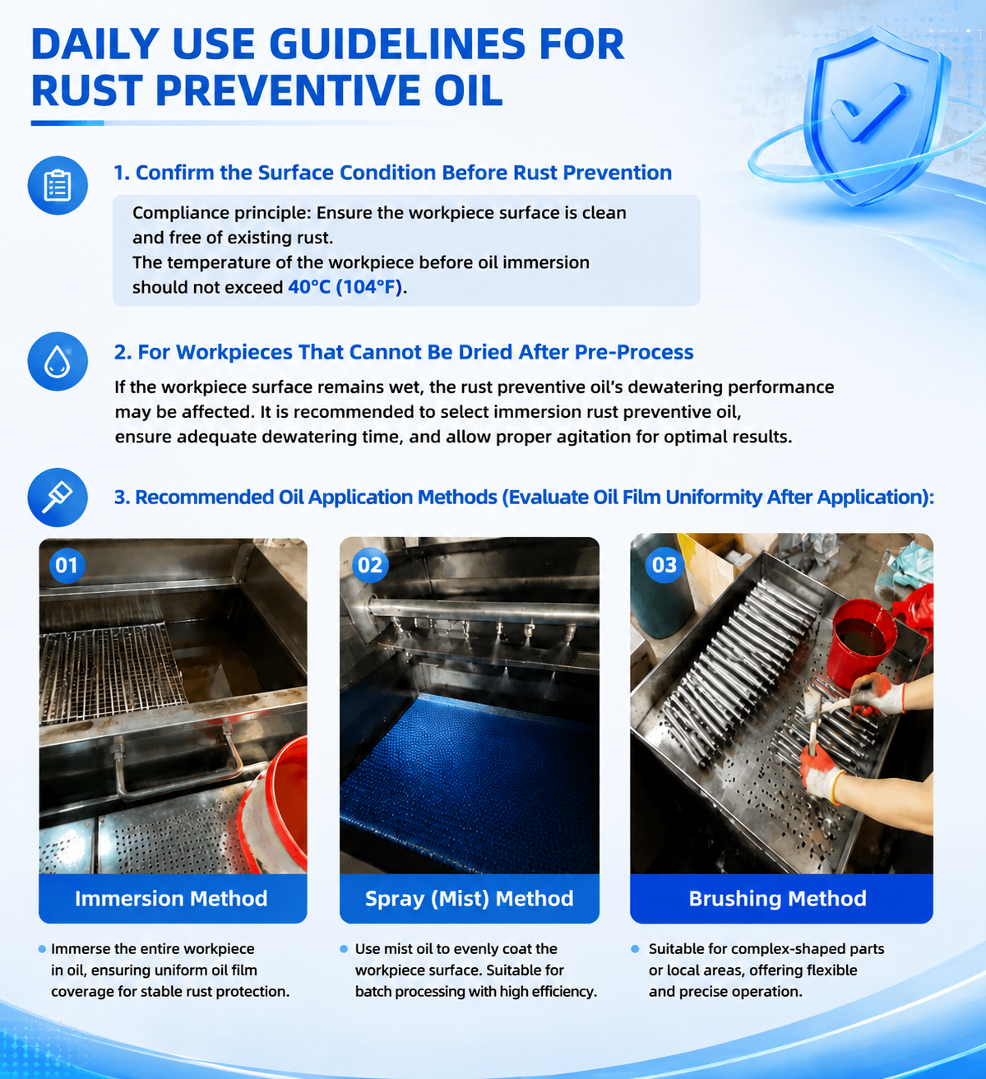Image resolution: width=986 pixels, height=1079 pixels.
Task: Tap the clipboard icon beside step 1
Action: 58,186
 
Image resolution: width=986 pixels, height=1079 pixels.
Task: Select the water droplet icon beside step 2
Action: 58,361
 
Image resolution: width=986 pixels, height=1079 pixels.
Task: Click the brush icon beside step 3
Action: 58,497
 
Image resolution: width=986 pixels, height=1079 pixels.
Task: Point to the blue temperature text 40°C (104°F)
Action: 345,287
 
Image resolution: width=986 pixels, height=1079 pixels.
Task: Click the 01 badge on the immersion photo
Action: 67,565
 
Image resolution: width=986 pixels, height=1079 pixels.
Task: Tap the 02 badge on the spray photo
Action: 370,565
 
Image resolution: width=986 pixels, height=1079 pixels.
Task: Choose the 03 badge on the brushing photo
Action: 664,565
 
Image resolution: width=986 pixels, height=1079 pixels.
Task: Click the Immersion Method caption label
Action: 171,899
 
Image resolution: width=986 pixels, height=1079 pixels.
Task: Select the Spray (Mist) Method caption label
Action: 469,899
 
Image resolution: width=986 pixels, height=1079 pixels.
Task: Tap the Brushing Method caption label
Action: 778,899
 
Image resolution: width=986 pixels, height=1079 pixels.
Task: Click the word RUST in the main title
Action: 86,90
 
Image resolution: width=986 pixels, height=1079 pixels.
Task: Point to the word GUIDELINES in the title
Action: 396,44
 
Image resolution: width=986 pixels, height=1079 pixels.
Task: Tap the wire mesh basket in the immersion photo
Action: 110,668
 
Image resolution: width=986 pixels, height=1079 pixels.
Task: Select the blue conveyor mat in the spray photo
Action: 469,775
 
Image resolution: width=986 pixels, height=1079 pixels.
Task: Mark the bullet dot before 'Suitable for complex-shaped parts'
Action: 636,949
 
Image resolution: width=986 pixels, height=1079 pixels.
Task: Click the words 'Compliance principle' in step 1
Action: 221,213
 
